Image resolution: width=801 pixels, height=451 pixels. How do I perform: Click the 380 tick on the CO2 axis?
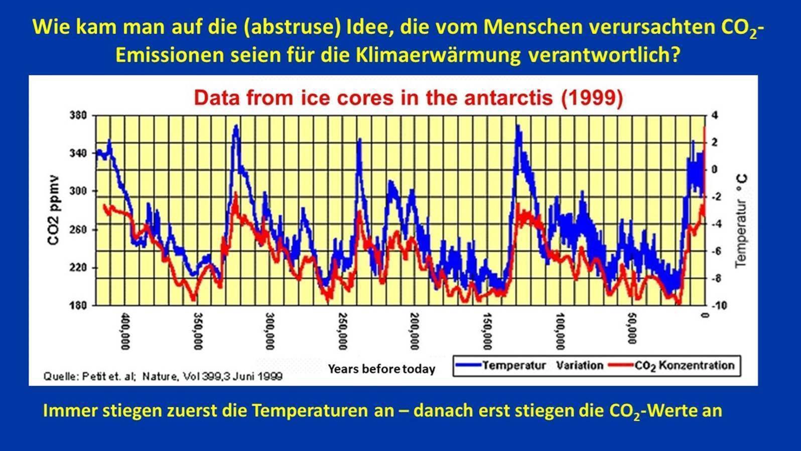(x=78, y=116)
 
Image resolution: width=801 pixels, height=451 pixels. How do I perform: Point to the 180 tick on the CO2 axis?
(x=78, y=305)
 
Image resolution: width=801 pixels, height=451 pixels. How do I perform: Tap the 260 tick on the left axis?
(x=78, y=230)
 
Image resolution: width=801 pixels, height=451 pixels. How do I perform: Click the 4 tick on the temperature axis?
(x=715, y=116)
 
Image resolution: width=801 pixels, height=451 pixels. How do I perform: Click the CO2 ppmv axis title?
(x=54, y=210)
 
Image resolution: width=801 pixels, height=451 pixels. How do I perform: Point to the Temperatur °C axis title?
(x=741, y=221)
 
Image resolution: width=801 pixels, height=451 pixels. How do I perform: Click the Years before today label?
(x=381, y=369)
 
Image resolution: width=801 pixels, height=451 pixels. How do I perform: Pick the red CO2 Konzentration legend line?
(x=621, y=366)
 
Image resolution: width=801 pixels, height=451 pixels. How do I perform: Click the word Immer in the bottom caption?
(x=69, y=410)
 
